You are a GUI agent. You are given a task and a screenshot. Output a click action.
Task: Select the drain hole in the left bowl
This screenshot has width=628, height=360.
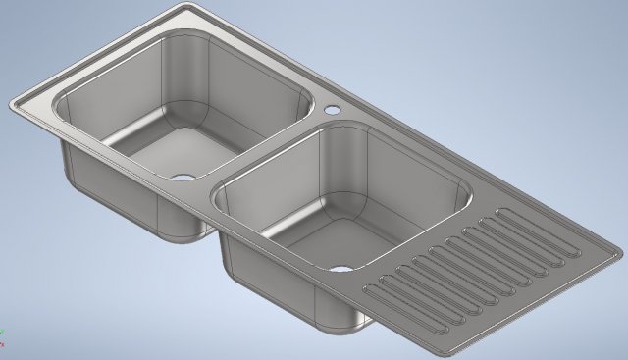pos(183,177)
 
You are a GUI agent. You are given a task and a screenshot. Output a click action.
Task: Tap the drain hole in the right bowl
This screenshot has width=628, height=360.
pos(340,268)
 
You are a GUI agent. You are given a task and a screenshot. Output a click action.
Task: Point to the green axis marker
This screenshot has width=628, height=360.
pos(2,333)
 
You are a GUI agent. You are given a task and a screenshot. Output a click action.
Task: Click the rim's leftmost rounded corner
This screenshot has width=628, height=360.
pos(15,105)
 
